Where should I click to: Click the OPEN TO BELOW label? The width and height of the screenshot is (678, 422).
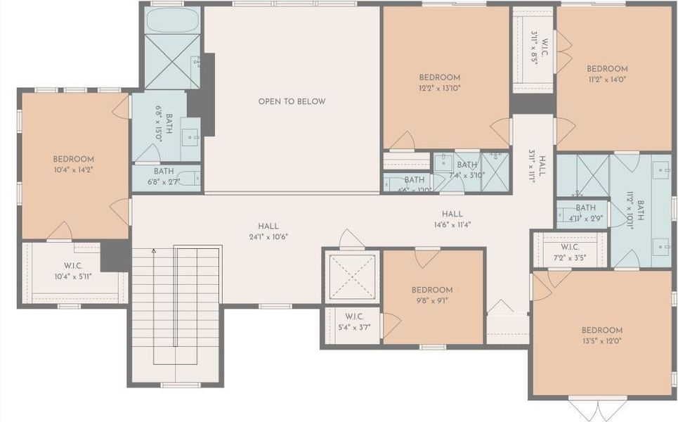(292, 101)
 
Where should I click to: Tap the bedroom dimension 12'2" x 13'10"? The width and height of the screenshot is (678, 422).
(439, 88)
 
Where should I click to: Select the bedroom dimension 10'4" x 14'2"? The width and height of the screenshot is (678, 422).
(73, 169)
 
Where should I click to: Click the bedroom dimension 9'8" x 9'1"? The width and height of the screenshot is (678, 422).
(431, 300)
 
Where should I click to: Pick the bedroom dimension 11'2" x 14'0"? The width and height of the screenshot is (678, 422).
(607, 79)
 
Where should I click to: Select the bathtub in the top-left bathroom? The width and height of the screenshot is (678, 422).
(172, 21)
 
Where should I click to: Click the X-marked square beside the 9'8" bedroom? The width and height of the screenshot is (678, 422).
(353, 276)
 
